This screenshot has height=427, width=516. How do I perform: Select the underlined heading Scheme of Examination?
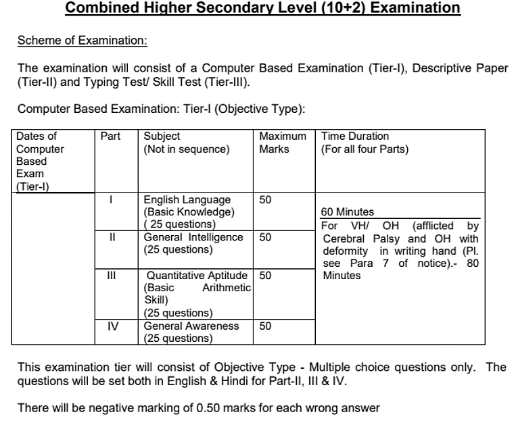pyautogui.click(x=83, y=40)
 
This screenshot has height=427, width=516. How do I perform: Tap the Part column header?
pyautogui.click(x=110, y=136)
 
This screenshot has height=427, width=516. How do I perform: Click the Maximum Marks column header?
pyautogui.click(x=283, y=142)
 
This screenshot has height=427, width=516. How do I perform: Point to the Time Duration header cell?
pyautogui.click(x=365, y=142)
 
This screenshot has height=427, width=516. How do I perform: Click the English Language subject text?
pyautogui.click(x=187, y=200)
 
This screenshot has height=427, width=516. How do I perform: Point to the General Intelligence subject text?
pyautogui.click(x=193, y=237)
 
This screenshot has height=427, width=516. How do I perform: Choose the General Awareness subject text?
pyautogui.click(x=191, y=326)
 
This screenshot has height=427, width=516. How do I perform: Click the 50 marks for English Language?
pyautogui.click(x=265, y=200)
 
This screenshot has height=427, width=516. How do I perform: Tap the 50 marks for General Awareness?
pyautogui.click(x=265, y=326)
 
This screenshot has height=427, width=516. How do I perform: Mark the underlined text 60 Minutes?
pyautogui.click(x=347, y=212)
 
